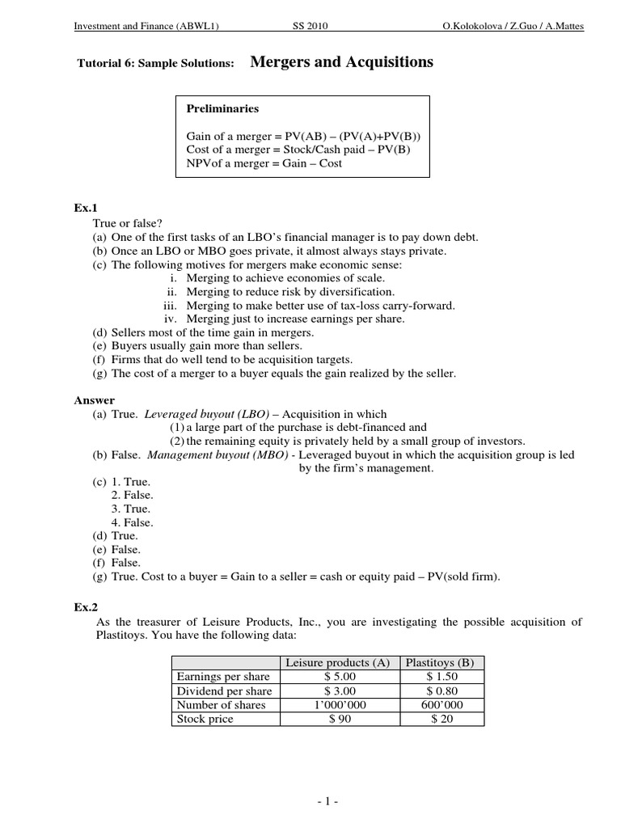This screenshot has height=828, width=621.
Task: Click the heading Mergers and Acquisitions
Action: (x=342, y=62)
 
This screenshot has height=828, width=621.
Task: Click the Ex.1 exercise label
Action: (x=85, y=208)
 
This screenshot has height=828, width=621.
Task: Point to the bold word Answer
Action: (x=95, y=400)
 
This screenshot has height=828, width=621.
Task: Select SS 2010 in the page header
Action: (x=310, y=26)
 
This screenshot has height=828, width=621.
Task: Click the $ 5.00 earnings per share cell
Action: (x=337, y=676)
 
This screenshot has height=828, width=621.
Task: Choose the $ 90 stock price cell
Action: (x=337, y=719)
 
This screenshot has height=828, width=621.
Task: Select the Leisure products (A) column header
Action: (x=337, y=662)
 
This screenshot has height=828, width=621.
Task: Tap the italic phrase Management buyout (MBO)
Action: (x=215, y=454)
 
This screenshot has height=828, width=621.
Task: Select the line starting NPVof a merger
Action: (x=264, y=163)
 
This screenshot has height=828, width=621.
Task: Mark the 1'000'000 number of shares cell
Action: (x=337, y=705)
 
